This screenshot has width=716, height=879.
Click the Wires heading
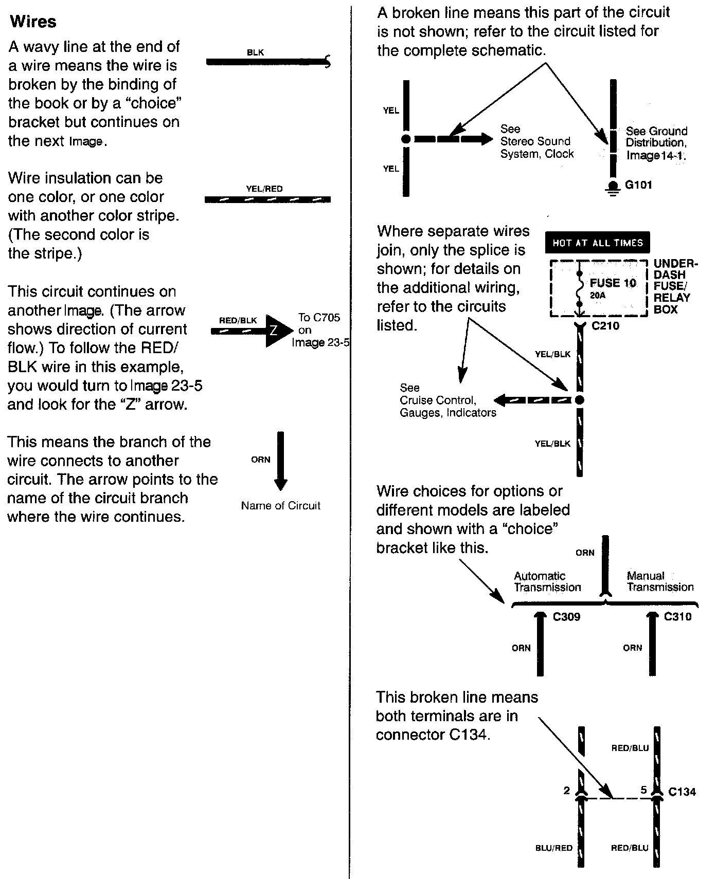click(33, 22)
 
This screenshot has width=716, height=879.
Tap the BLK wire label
click(256, 52)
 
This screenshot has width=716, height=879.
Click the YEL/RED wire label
click(264, 189)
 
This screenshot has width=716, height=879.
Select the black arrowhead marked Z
click(276, 331)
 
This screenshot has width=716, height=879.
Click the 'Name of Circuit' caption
click(280, 506)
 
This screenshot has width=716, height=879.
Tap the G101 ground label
click(638, 185)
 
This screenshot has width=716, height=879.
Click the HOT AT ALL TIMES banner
click(598, 243)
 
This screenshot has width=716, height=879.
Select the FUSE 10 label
click(613, 283)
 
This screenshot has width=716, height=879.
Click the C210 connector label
click(606, 326)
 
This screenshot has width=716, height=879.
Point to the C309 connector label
click(566, 617)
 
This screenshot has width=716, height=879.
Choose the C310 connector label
click(678, 617)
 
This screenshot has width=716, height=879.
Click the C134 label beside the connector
click(682, 792)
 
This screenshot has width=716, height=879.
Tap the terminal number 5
click(643, 791)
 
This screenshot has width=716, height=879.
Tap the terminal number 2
click(567, 791)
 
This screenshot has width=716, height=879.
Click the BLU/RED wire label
click(554, 848)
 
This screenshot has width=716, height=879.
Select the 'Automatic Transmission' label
click(547, 581)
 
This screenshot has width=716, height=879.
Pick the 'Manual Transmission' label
click(660, 581)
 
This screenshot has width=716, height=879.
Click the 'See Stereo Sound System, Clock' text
click(536, 141)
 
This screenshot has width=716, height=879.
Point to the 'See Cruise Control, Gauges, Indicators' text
click(447, 400)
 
